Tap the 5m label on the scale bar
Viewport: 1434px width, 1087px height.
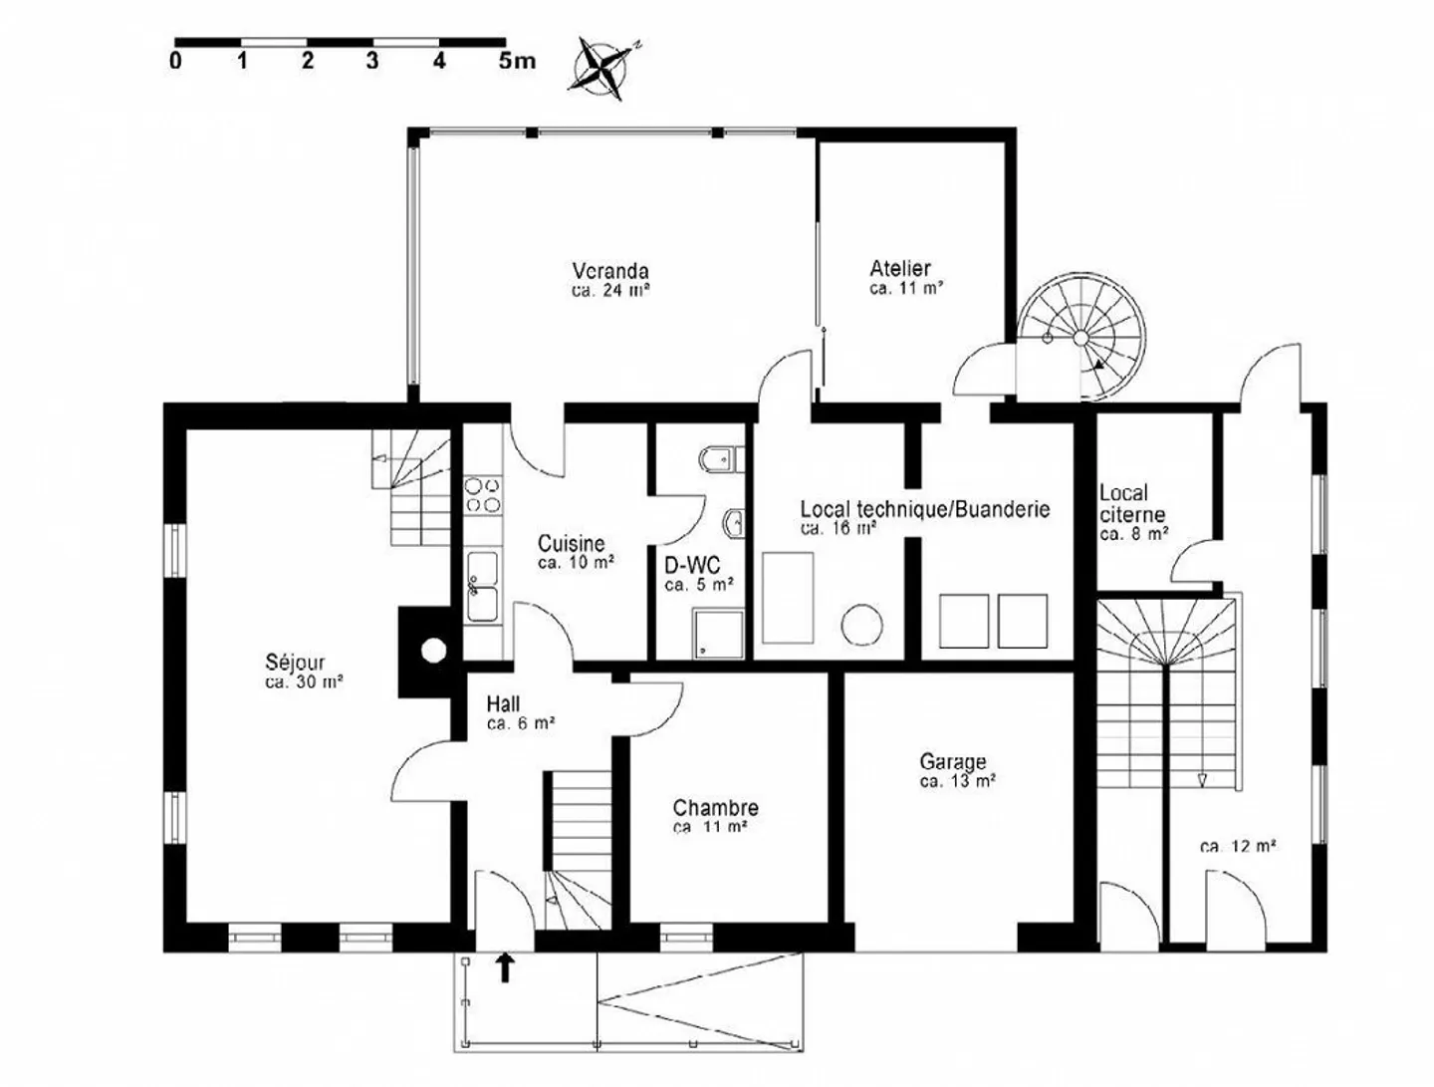[x=516, y=61]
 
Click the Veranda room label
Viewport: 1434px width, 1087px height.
[x=610, y=271]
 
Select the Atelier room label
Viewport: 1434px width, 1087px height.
[x=900, y=268]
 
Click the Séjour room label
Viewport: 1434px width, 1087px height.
[x=295, y=663]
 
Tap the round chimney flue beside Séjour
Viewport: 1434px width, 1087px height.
[x=433, y=651]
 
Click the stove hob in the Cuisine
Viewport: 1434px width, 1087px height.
[x=483, y=495]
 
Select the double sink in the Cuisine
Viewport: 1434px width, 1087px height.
[x=483, y=587]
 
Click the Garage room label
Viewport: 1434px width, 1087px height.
[x=953, y=762]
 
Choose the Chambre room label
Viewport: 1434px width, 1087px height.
[x=715, y=808]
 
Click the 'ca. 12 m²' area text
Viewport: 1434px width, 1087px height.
[x=1238, y=847]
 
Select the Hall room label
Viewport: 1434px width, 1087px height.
[x=503, y=704]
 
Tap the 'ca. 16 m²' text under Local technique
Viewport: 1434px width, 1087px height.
[x=838, y=529]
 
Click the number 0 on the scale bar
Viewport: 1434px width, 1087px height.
[x=176, y=61]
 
